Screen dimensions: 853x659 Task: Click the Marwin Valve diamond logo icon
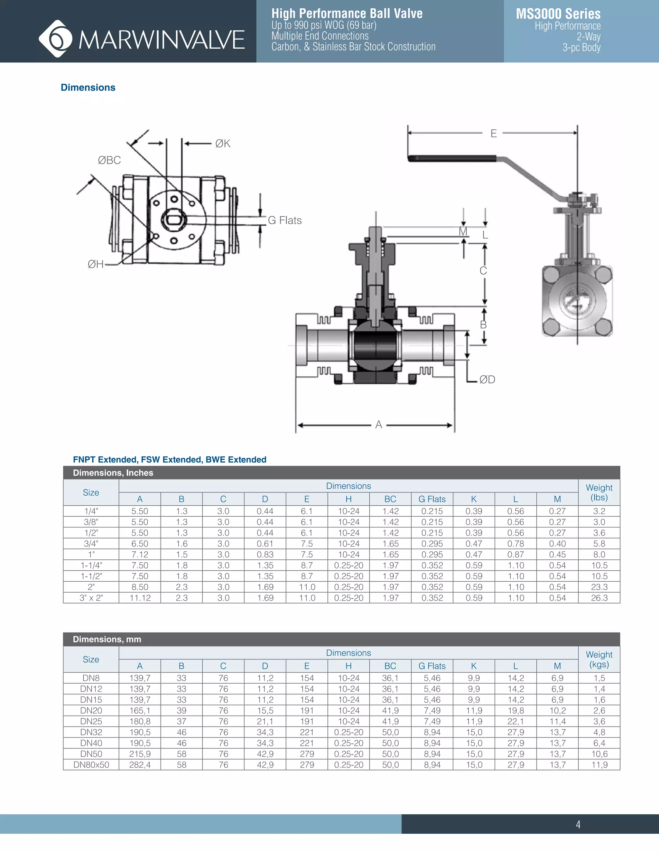[55, 39]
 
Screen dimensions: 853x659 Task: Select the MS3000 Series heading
[558, 14]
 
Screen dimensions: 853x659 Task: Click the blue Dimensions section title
[88, 88]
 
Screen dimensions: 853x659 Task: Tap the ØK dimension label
[223, 144]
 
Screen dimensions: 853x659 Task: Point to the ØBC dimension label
[109, 160]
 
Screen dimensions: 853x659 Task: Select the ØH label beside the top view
[96, 264]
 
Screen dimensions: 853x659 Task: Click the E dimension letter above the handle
[494, 134]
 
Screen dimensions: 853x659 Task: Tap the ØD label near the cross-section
[487, 380]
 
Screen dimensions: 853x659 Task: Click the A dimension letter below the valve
[378, 425]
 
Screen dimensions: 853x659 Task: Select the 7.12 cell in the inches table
[140, 554]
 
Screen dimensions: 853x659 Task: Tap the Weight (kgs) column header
[599, 659]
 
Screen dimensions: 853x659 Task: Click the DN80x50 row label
[91, 765]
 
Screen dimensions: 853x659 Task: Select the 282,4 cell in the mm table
[140, 765]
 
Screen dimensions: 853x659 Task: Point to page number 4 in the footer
[578, 824]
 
